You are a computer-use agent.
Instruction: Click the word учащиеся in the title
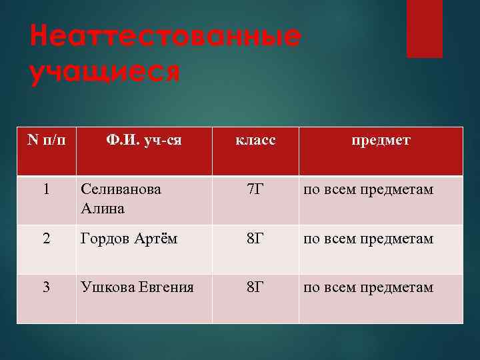[x=105, y=71]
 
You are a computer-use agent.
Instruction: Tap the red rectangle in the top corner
[x=425, y=28]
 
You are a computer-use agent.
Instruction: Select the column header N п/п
[x=46, y=141]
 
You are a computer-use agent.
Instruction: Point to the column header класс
[x=255, y=141]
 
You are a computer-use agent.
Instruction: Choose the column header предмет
[x=381, y=141]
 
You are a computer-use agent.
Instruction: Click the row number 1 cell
[x=46, y=189]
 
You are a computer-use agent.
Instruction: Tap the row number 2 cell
[x=46, y=239]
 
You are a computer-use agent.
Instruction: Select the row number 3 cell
[x=46, y=287]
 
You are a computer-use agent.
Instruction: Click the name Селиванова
[x=121, y=189]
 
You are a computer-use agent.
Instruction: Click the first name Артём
[x=155, y=239]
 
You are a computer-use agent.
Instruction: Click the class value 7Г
[x=255, y=189]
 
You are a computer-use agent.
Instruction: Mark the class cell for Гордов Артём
[x=255, y=239]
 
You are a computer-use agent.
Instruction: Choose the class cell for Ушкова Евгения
[x=255, y=287]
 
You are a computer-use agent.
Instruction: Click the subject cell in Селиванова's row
[x=369, y=190]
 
